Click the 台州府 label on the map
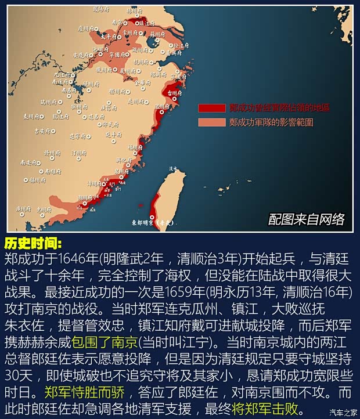(175, 92)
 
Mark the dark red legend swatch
(211, 108)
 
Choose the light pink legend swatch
(211, 122)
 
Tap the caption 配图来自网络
(306, 219)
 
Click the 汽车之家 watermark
(343, 413)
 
